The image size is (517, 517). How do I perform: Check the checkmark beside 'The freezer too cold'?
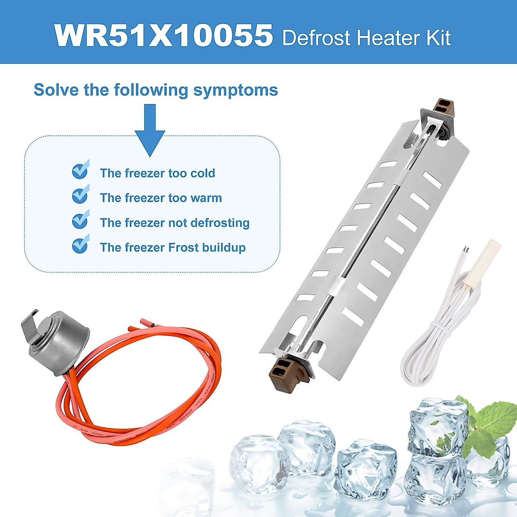pyautogui.click(x=80, y=171)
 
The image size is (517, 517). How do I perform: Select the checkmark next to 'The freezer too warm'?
pyautogui.click(x=80, y=195)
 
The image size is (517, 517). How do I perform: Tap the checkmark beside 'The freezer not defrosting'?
pyautogui.click(x=80, y=220)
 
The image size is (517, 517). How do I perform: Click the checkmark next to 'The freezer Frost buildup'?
pyautogui.click(x=80, y=245)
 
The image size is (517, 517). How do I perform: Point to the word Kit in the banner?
pyautogui.click(x=439, y=38)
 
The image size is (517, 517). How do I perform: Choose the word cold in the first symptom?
pyautogui.click(x=202, y=173)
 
